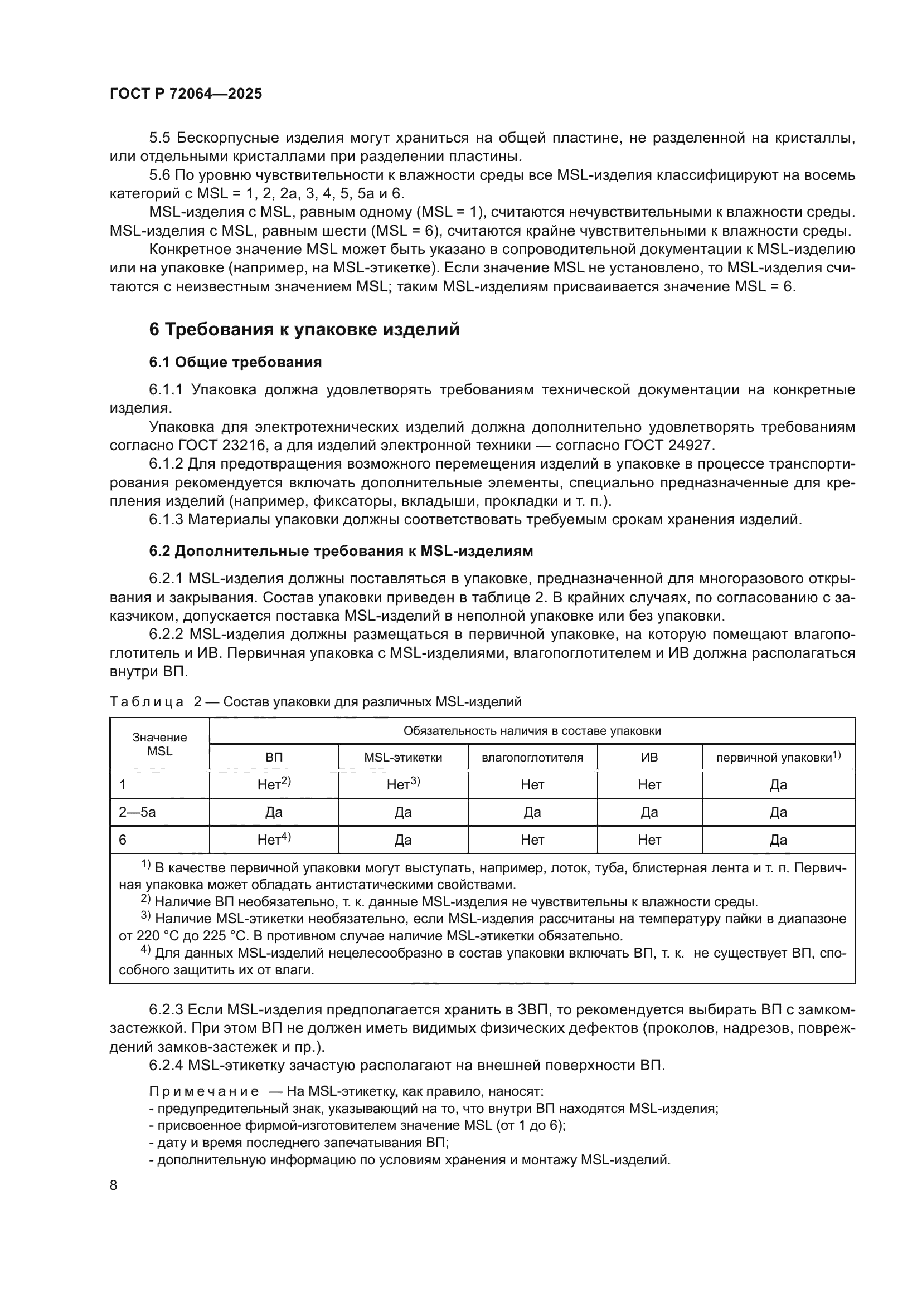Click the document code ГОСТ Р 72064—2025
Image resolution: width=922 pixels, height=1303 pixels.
pos(186,94)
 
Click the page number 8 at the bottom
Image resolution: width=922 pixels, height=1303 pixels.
pos(114,1185)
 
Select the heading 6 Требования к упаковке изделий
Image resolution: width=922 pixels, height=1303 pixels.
pos(304,330)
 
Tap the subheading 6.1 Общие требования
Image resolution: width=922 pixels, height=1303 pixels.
pos(235,363)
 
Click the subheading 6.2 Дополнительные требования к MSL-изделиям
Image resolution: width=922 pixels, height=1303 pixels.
pos(341,551)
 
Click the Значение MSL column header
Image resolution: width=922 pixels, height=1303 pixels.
pos(159,744)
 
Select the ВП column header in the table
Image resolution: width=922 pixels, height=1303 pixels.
pos(274,757)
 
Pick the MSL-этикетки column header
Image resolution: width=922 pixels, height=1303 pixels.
pos(403,757)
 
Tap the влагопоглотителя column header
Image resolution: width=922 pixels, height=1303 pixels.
pos(532,757)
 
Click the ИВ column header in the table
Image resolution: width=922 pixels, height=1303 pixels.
pos(649,757)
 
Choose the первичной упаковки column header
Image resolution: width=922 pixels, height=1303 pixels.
pos(778,757)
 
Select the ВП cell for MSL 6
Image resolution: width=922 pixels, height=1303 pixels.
pos(274,840)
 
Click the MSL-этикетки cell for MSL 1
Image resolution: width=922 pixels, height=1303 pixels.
pos(403,784)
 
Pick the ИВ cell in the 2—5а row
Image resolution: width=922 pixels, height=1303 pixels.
pos(649,812)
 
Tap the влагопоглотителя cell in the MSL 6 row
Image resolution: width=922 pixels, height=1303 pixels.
pos(532,840)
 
